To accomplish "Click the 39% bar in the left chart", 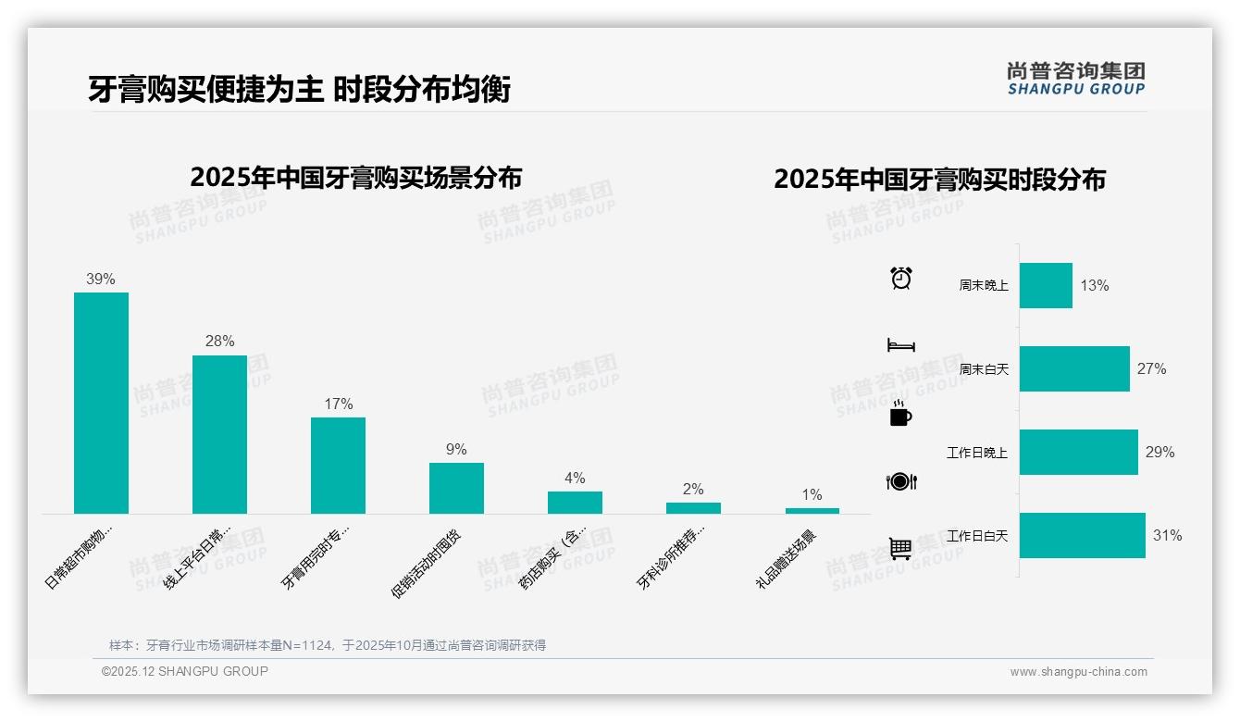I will [x=101, y=403].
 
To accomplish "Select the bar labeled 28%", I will [x=219, y=434].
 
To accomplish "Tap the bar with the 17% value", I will [x=338, y=465].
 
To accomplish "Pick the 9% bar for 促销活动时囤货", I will [x=456, y=488].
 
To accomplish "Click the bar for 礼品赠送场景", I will [x=812, y=510].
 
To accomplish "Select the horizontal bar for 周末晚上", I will [x=1046, y=285].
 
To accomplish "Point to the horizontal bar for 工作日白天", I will [x=1082, y=535].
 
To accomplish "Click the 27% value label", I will [x=1151, y=368].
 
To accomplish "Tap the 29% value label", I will [x=1159, y=452].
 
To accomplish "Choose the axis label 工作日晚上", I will [x=976, y=453].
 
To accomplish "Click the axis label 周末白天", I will [x=984, y=369].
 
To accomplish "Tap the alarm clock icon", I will [x=900, y=278].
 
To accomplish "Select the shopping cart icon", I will [x=900, y=548].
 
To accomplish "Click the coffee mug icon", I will [x=900, y=414].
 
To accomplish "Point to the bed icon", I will [x=900, y=345].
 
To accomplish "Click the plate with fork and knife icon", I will [x=900, y=481].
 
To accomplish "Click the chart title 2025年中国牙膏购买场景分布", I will [x=356, y=178].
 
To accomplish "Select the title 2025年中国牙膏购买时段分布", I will [x=939, y=180].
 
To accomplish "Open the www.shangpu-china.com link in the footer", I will [x=1078, y=672].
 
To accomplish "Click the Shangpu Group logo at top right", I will [x=1075, y=79].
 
